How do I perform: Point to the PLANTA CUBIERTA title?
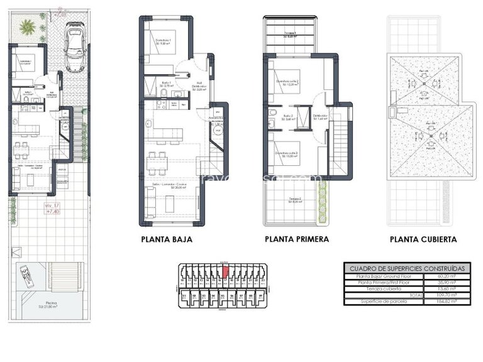pos(423,239)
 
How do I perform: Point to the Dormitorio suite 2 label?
pos(288,82)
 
